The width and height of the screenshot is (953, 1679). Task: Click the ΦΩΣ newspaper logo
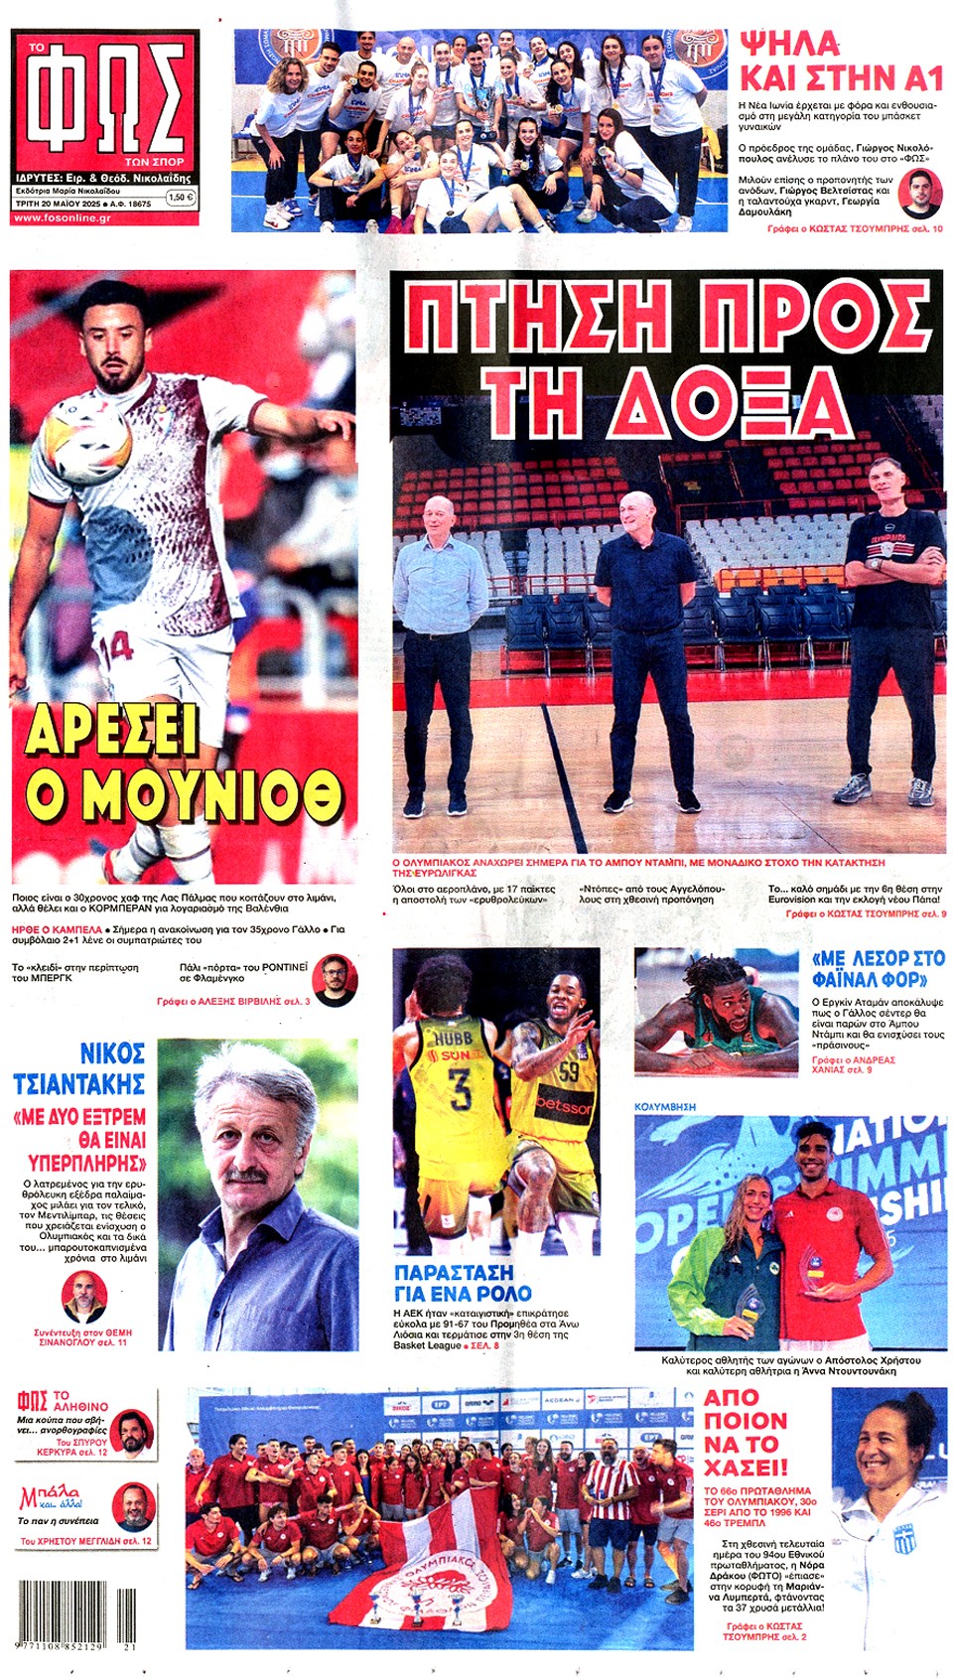pos(104,98)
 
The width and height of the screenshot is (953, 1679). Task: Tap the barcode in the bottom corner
pos(75,1614)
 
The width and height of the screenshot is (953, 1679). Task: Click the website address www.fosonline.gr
pos(62,217)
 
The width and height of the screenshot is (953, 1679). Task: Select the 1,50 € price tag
pos(179,198)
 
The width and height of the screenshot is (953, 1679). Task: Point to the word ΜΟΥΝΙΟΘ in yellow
pos(184,793)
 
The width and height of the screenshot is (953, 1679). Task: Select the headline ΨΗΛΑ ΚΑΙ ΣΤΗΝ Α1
pos(840,61)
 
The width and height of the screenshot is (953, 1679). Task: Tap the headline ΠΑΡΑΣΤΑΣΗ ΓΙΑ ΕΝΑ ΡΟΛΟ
pos(463,1283)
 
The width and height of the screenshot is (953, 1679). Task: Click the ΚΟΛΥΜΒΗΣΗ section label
pos(665,1106)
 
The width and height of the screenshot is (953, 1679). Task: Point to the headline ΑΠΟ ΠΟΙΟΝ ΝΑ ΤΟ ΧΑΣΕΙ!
pos(746,1432)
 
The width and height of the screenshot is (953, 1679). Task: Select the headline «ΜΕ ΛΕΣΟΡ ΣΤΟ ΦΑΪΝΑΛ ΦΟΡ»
pos(878,969)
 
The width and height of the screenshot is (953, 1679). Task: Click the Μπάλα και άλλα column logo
pos(50,1498)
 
